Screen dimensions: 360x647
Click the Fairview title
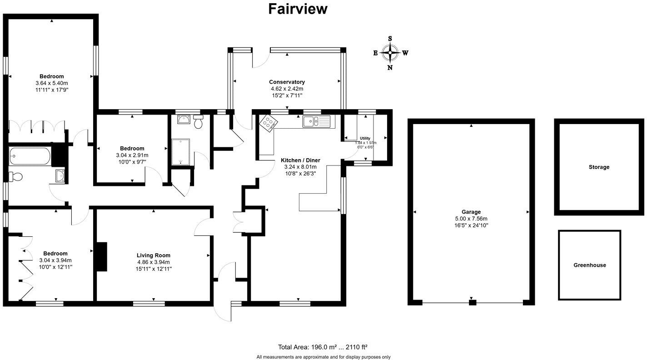(x=298, y=9)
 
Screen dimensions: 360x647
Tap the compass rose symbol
(x=390, y=53)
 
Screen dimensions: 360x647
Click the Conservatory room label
(x=286, y=82)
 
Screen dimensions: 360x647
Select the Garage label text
(x=471, y=212)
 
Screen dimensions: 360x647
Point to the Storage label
(x=599, y=167)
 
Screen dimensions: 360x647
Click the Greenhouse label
(x=589, y=265)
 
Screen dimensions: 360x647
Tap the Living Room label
(x=154, y=255)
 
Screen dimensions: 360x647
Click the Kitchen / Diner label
(x=300, y=160)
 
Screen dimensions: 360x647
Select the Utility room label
(x=365, y=138)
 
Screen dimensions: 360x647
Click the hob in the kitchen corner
(x=268, y=123)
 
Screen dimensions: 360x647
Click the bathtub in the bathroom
(x=30, y=156)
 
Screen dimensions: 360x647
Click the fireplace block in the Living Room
(x=100, y=257)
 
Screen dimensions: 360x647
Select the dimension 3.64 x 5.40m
(x=51, y=83)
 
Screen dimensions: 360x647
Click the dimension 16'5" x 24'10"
(x=471, y=225)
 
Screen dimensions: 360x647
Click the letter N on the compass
(x=390, y=68)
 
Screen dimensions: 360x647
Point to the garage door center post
(x=472, y=302)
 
